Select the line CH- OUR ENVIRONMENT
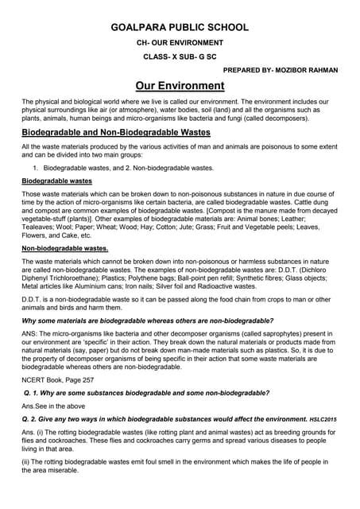[179, 42]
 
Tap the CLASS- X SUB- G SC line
[179, 56]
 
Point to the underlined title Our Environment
[180, 86]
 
